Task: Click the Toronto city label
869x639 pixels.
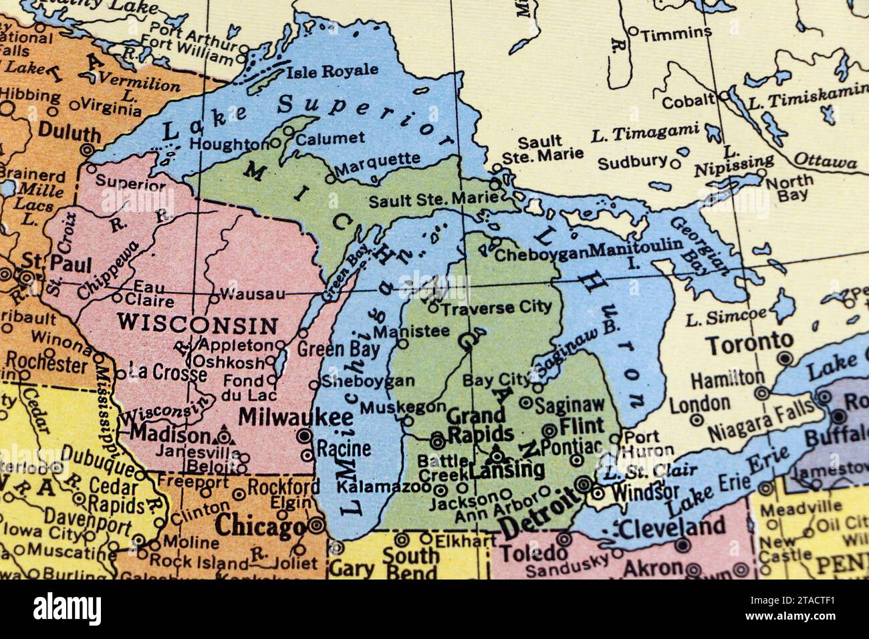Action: click(750, 345)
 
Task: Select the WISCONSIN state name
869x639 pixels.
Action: click(197, 325)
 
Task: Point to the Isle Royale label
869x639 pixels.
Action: click(332, 71)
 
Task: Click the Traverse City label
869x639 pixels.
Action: click(497, 308)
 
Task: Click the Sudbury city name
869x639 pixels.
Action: click(632, 162)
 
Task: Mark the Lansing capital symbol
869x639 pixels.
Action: click(497, 456)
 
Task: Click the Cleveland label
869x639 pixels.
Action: click(672, 528)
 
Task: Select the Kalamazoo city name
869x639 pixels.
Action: click(386, 487)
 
